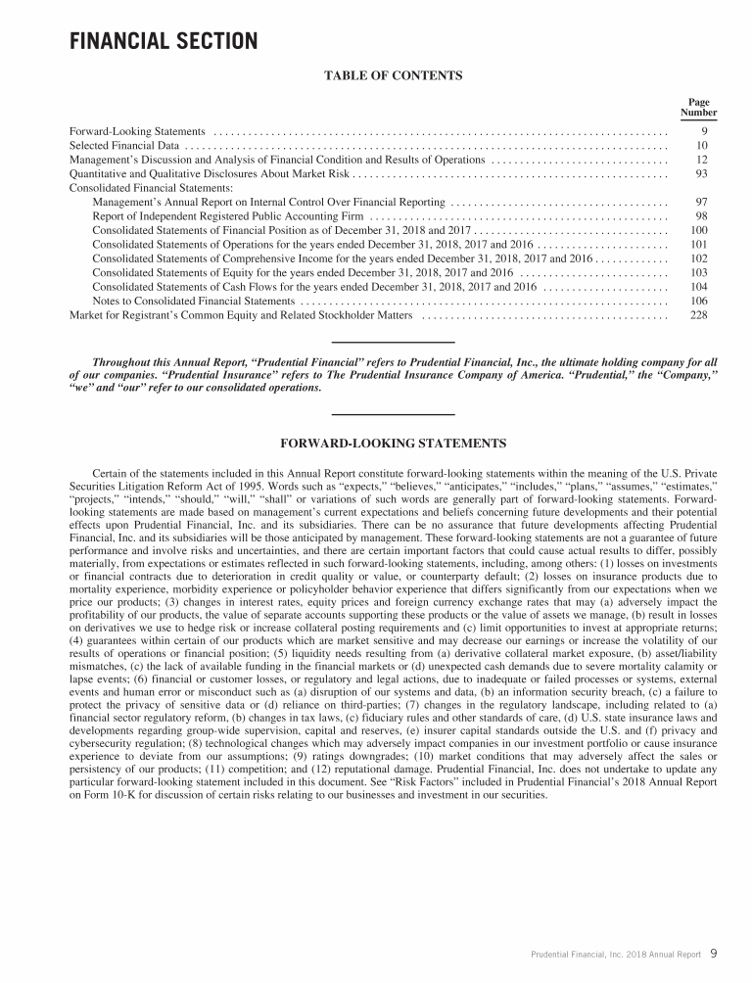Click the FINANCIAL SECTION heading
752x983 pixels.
(163, 42)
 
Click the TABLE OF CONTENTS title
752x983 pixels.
(392, 75)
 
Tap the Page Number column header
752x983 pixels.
(698, 107)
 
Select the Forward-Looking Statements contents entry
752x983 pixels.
(137, 130)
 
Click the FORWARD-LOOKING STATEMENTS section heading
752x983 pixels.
(393, 444)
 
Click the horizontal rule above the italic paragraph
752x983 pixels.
(393, 341)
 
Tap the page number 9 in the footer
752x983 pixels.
(714, 952)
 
